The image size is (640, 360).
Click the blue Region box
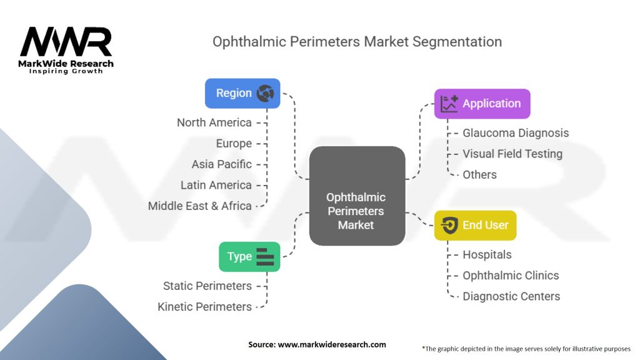242,93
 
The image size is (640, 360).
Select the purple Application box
482,104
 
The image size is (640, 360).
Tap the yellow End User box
475,225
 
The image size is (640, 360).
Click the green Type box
249,256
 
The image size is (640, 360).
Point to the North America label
214,122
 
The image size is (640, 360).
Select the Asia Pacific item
222,164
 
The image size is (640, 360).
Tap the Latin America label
216,185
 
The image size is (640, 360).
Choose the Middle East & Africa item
200,206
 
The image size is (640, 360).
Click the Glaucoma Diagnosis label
516,132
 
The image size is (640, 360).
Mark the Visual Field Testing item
512,154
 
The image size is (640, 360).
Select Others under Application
479,174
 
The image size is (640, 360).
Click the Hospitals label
487,254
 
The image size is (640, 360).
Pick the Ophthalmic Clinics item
511,276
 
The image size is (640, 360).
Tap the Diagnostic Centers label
511,296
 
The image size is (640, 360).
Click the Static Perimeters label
207,286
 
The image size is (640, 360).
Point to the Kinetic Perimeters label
205,307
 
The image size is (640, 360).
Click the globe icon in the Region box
266,93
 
